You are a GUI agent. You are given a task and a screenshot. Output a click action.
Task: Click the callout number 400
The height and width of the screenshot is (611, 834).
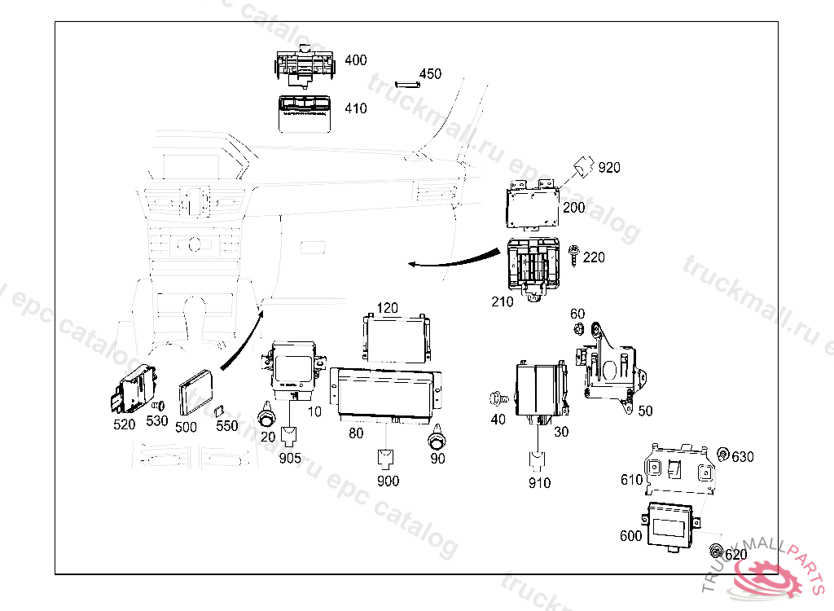pyautogui.click(x=355, y=60)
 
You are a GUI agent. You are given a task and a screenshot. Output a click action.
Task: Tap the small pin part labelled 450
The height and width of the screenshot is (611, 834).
pyautogui.click(x=406, y=82)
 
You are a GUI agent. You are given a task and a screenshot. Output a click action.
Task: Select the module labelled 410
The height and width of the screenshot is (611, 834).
pyautogui.click(x=306, y=112)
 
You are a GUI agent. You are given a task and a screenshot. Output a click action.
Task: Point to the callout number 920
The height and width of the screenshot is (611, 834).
pyautogui.click(x=609, y=168)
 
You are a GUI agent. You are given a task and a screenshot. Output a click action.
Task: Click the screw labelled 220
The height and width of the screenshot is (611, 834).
pyautogui.click(x=574, y=256)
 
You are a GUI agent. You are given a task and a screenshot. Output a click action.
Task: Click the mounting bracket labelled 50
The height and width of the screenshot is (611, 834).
pyautogui.click(x=612, y=366)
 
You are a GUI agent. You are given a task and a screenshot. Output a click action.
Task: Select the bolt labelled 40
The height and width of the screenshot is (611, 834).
pyautogui.click(x=496, y=398)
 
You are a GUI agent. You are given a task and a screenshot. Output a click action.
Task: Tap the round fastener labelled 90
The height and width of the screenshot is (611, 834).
pyautogui.click(x=439, y=442)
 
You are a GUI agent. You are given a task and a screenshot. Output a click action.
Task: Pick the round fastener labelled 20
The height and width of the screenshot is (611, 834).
pyautogui.click(x=266, y=417)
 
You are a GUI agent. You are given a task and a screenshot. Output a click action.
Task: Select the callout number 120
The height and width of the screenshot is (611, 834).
pyautogui.click(x=387, y=308)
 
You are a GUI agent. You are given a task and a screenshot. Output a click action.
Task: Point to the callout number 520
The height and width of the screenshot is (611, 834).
pyautogui.click(x=125, y=424)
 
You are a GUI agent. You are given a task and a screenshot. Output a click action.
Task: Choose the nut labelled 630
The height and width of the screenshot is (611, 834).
pyautogui.click(x=722, y=455)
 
